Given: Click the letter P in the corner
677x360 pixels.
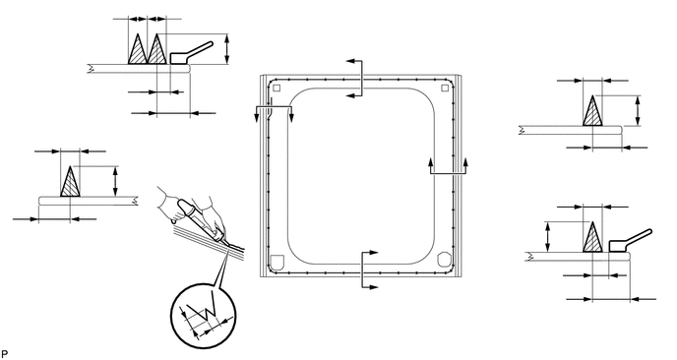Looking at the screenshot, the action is click(5, 354).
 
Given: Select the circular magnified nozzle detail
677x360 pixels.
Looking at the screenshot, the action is click(204, 316).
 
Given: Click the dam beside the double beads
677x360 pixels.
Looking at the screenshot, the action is click(190, 53).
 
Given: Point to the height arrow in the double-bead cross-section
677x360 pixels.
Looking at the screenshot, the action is click(227, 49).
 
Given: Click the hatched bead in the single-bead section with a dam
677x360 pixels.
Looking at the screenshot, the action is click(592, 237).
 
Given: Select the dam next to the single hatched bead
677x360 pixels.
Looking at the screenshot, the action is click(629, 242).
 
